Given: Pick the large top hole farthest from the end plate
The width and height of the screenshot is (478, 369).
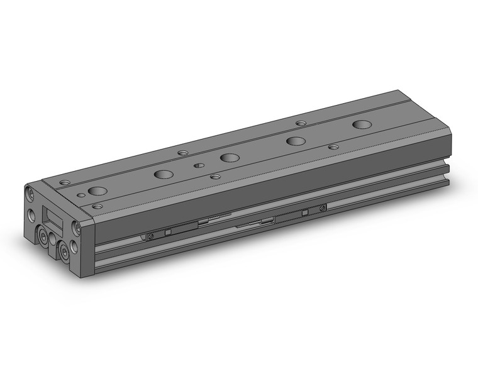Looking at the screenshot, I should click(362, 124).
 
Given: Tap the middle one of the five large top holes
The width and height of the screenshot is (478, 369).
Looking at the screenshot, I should click(230, 157).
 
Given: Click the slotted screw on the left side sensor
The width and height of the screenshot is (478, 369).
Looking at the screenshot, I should click(150, 236).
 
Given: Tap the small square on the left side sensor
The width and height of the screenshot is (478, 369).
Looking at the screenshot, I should click(168, 233).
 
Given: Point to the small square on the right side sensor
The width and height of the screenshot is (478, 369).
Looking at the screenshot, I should click(304, 212).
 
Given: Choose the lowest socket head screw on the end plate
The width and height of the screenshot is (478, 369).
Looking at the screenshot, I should click(65, 252).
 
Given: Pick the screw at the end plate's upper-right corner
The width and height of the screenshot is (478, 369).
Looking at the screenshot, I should click(76, 225).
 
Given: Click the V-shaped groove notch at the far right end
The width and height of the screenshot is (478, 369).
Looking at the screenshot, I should click(448, 165).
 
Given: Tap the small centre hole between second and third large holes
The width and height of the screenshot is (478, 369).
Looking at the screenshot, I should click(198, 165).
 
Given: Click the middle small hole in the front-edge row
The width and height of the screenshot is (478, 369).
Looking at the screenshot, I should click(216, 177).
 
